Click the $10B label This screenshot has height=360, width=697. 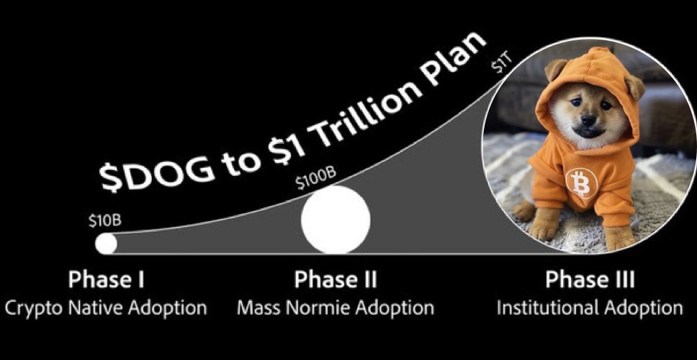point(104,220)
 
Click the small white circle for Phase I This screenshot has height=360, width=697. point(106,244)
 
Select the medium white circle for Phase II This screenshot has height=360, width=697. point(335,220)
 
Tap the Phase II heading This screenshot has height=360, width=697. point(335,279)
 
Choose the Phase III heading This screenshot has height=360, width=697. point(590,279)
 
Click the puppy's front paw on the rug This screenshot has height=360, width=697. point(545,229)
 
